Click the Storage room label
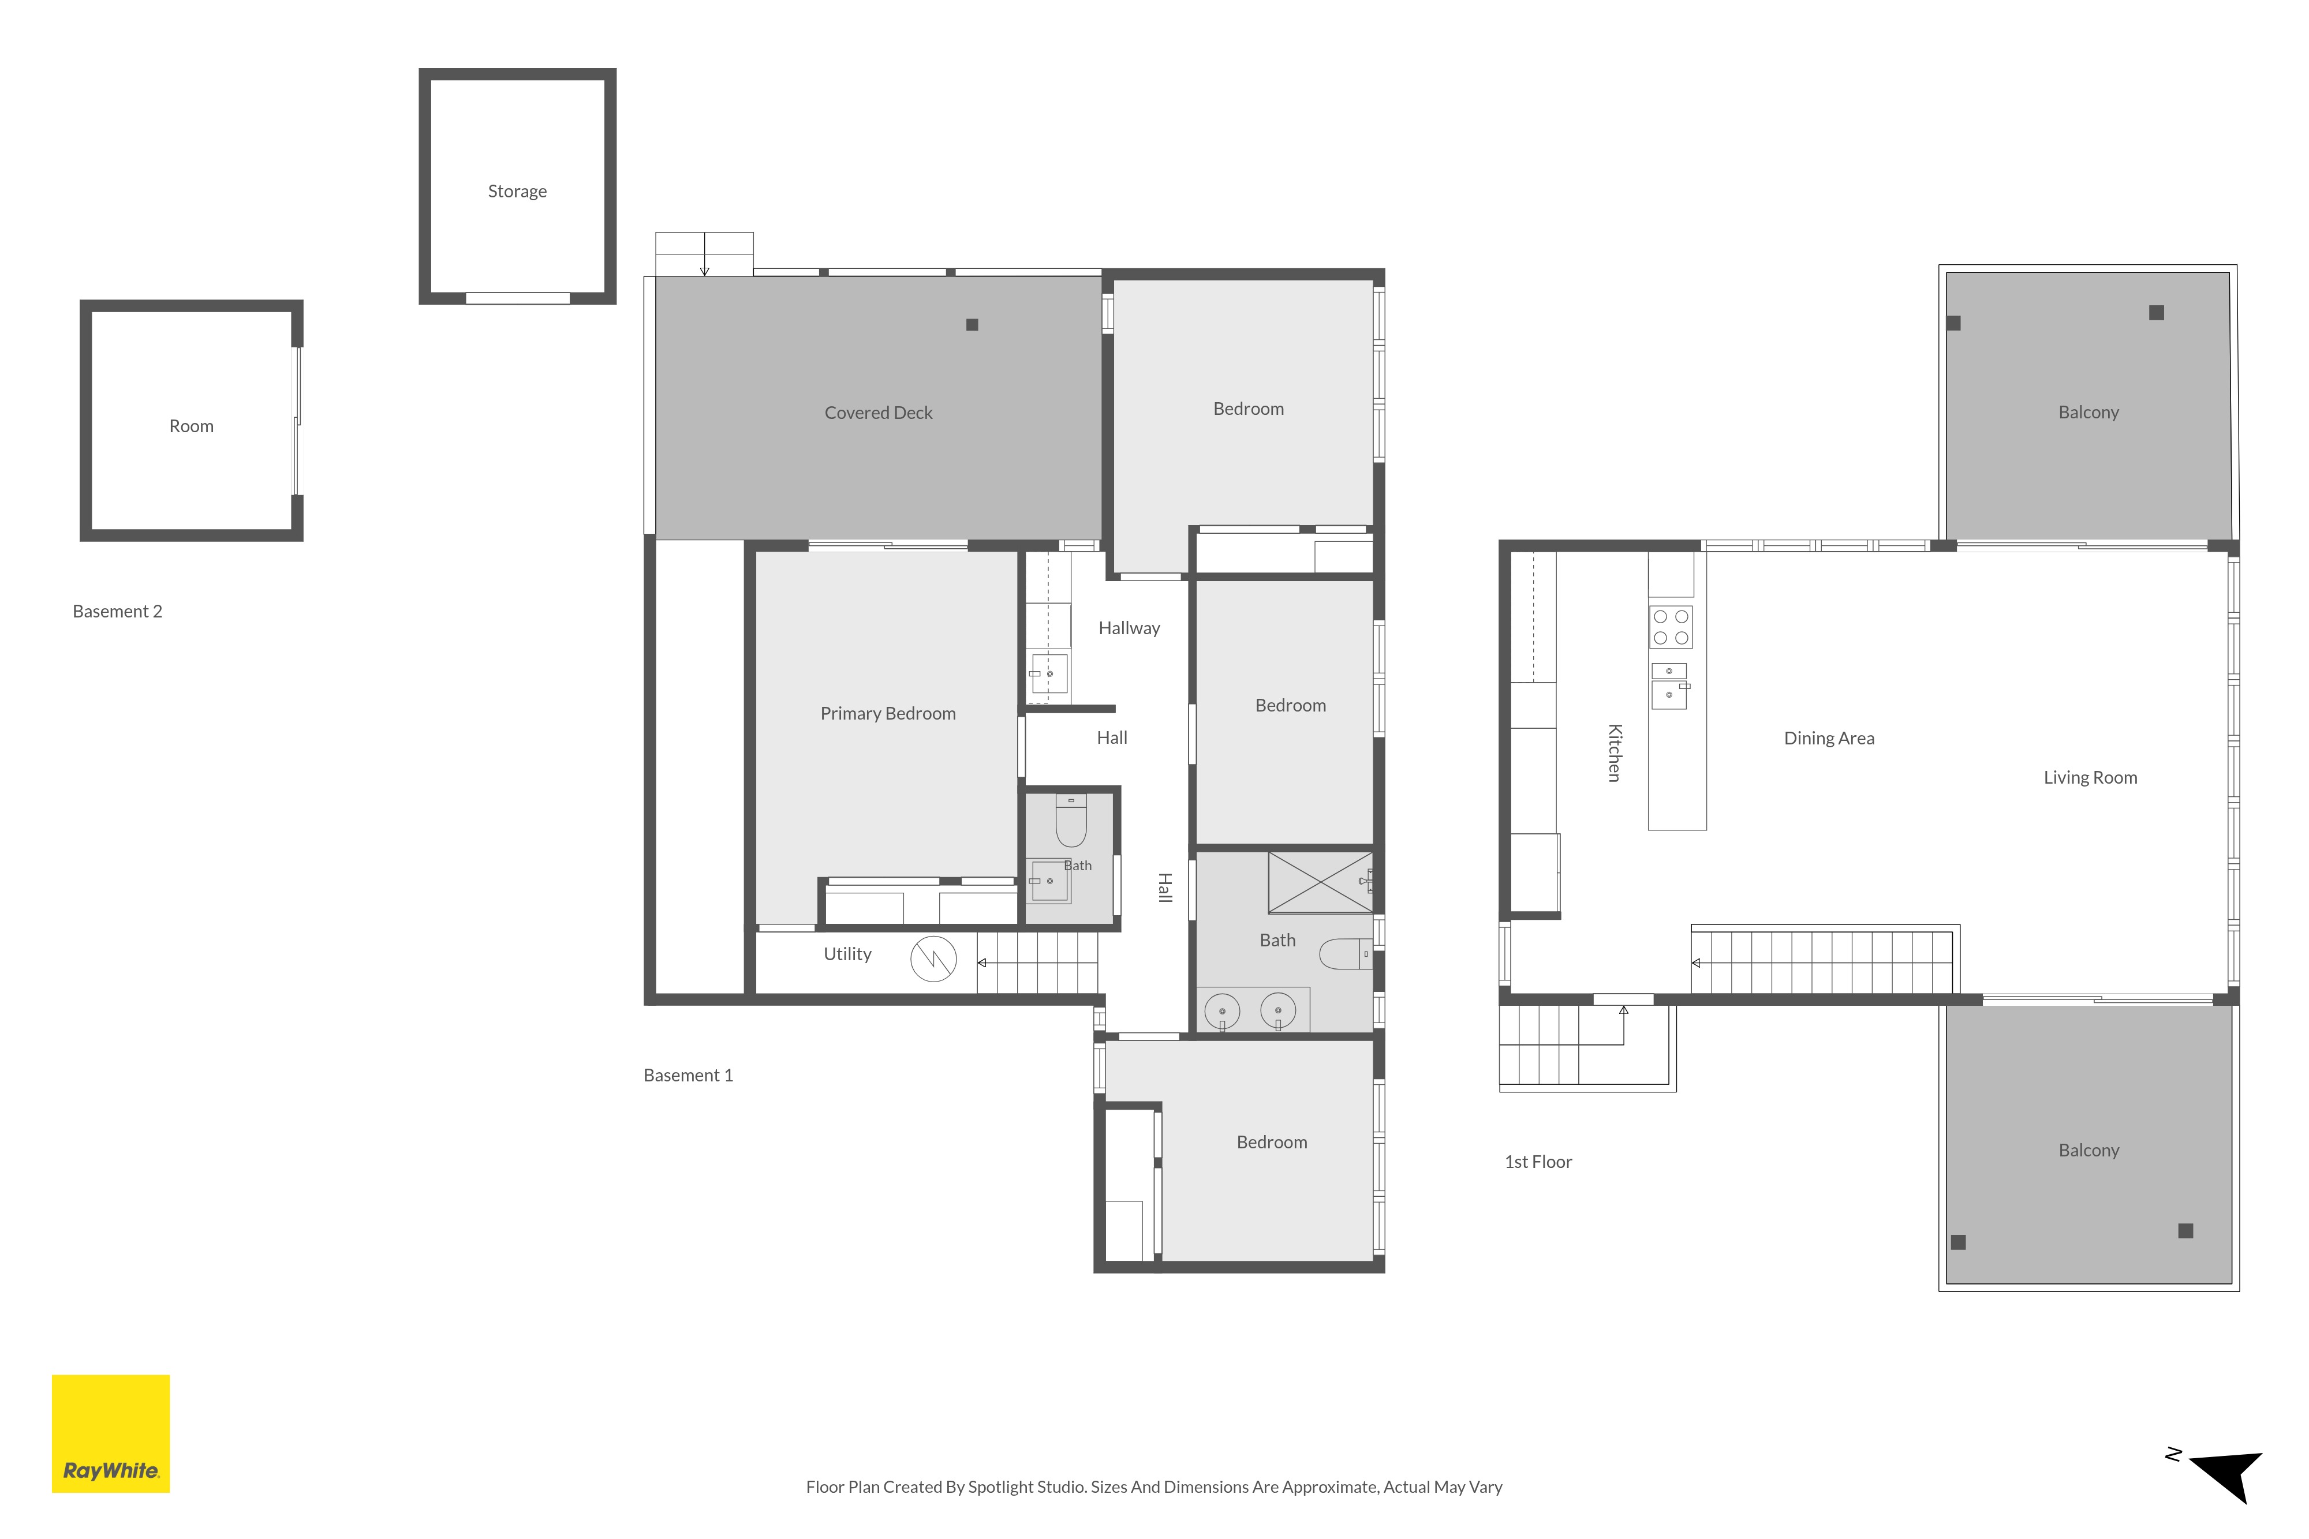pyautogui.click(x=517, y=192)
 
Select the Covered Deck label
pyautogui.click(x=879, y=413)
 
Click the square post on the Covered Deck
pyautogui.click(x=972, y=325)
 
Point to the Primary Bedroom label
pyautogui.click(x=887, y=714)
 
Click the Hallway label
pyautogui.click(x=1129, y=628)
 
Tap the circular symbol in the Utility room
pyautogui.click(x=933, y=959)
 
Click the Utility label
pyautogui.click(x=847, y=954)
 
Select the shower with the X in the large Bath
pyautogui.click(x=1320, y=882)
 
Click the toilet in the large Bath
pyautogui.click(x=1345, y=954)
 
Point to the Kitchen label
pyautogui.click(x=1614, y=753)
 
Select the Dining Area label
pyautogui.click(x=1829, y=738)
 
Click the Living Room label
pyautogui.click(x=2090, y=777)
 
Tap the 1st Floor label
pyautogui.click(x=1538, y=1162)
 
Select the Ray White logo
pyautogui.click(x=111, y=1434)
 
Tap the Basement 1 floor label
pyautogui.click(x=688, y=1076)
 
